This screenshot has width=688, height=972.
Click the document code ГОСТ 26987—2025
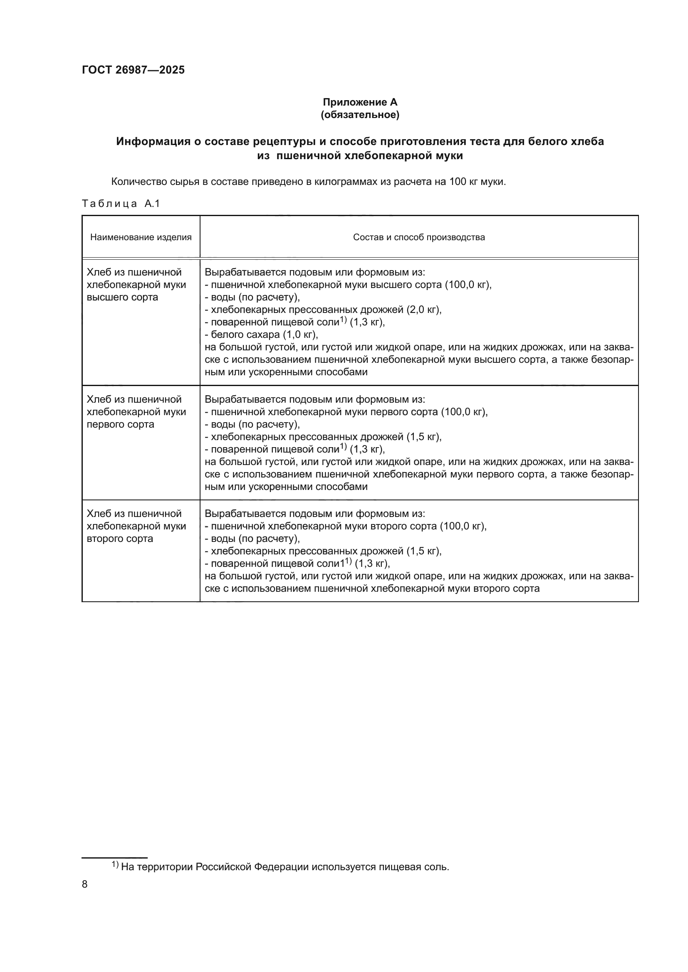click(x=133, y=70)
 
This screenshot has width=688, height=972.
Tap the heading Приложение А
click(x=360, y=102)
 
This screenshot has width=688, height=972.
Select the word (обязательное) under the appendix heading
click(x=360, y=115)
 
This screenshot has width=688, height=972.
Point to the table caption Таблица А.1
click(x=121, y=204)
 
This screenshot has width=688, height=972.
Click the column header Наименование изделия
click(x=141, y=237)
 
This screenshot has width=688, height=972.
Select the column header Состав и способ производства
click(x=418, y=237)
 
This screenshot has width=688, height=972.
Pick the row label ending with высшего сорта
click(x=122, y=297)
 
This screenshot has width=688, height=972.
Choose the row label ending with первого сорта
click(x=120, y=424)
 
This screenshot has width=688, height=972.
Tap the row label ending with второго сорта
click(x=120, y=539)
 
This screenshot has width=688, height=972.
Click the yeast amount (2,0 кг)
click(x=423, y=310)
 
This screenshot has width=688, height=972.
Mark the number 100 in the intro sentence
click(x=458, y=182)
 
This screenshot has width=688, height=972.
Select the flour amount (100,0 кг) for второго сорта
click(x=463, y=526)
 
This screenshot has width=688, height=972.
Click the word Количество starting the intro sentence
click(x=139, y=182)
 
